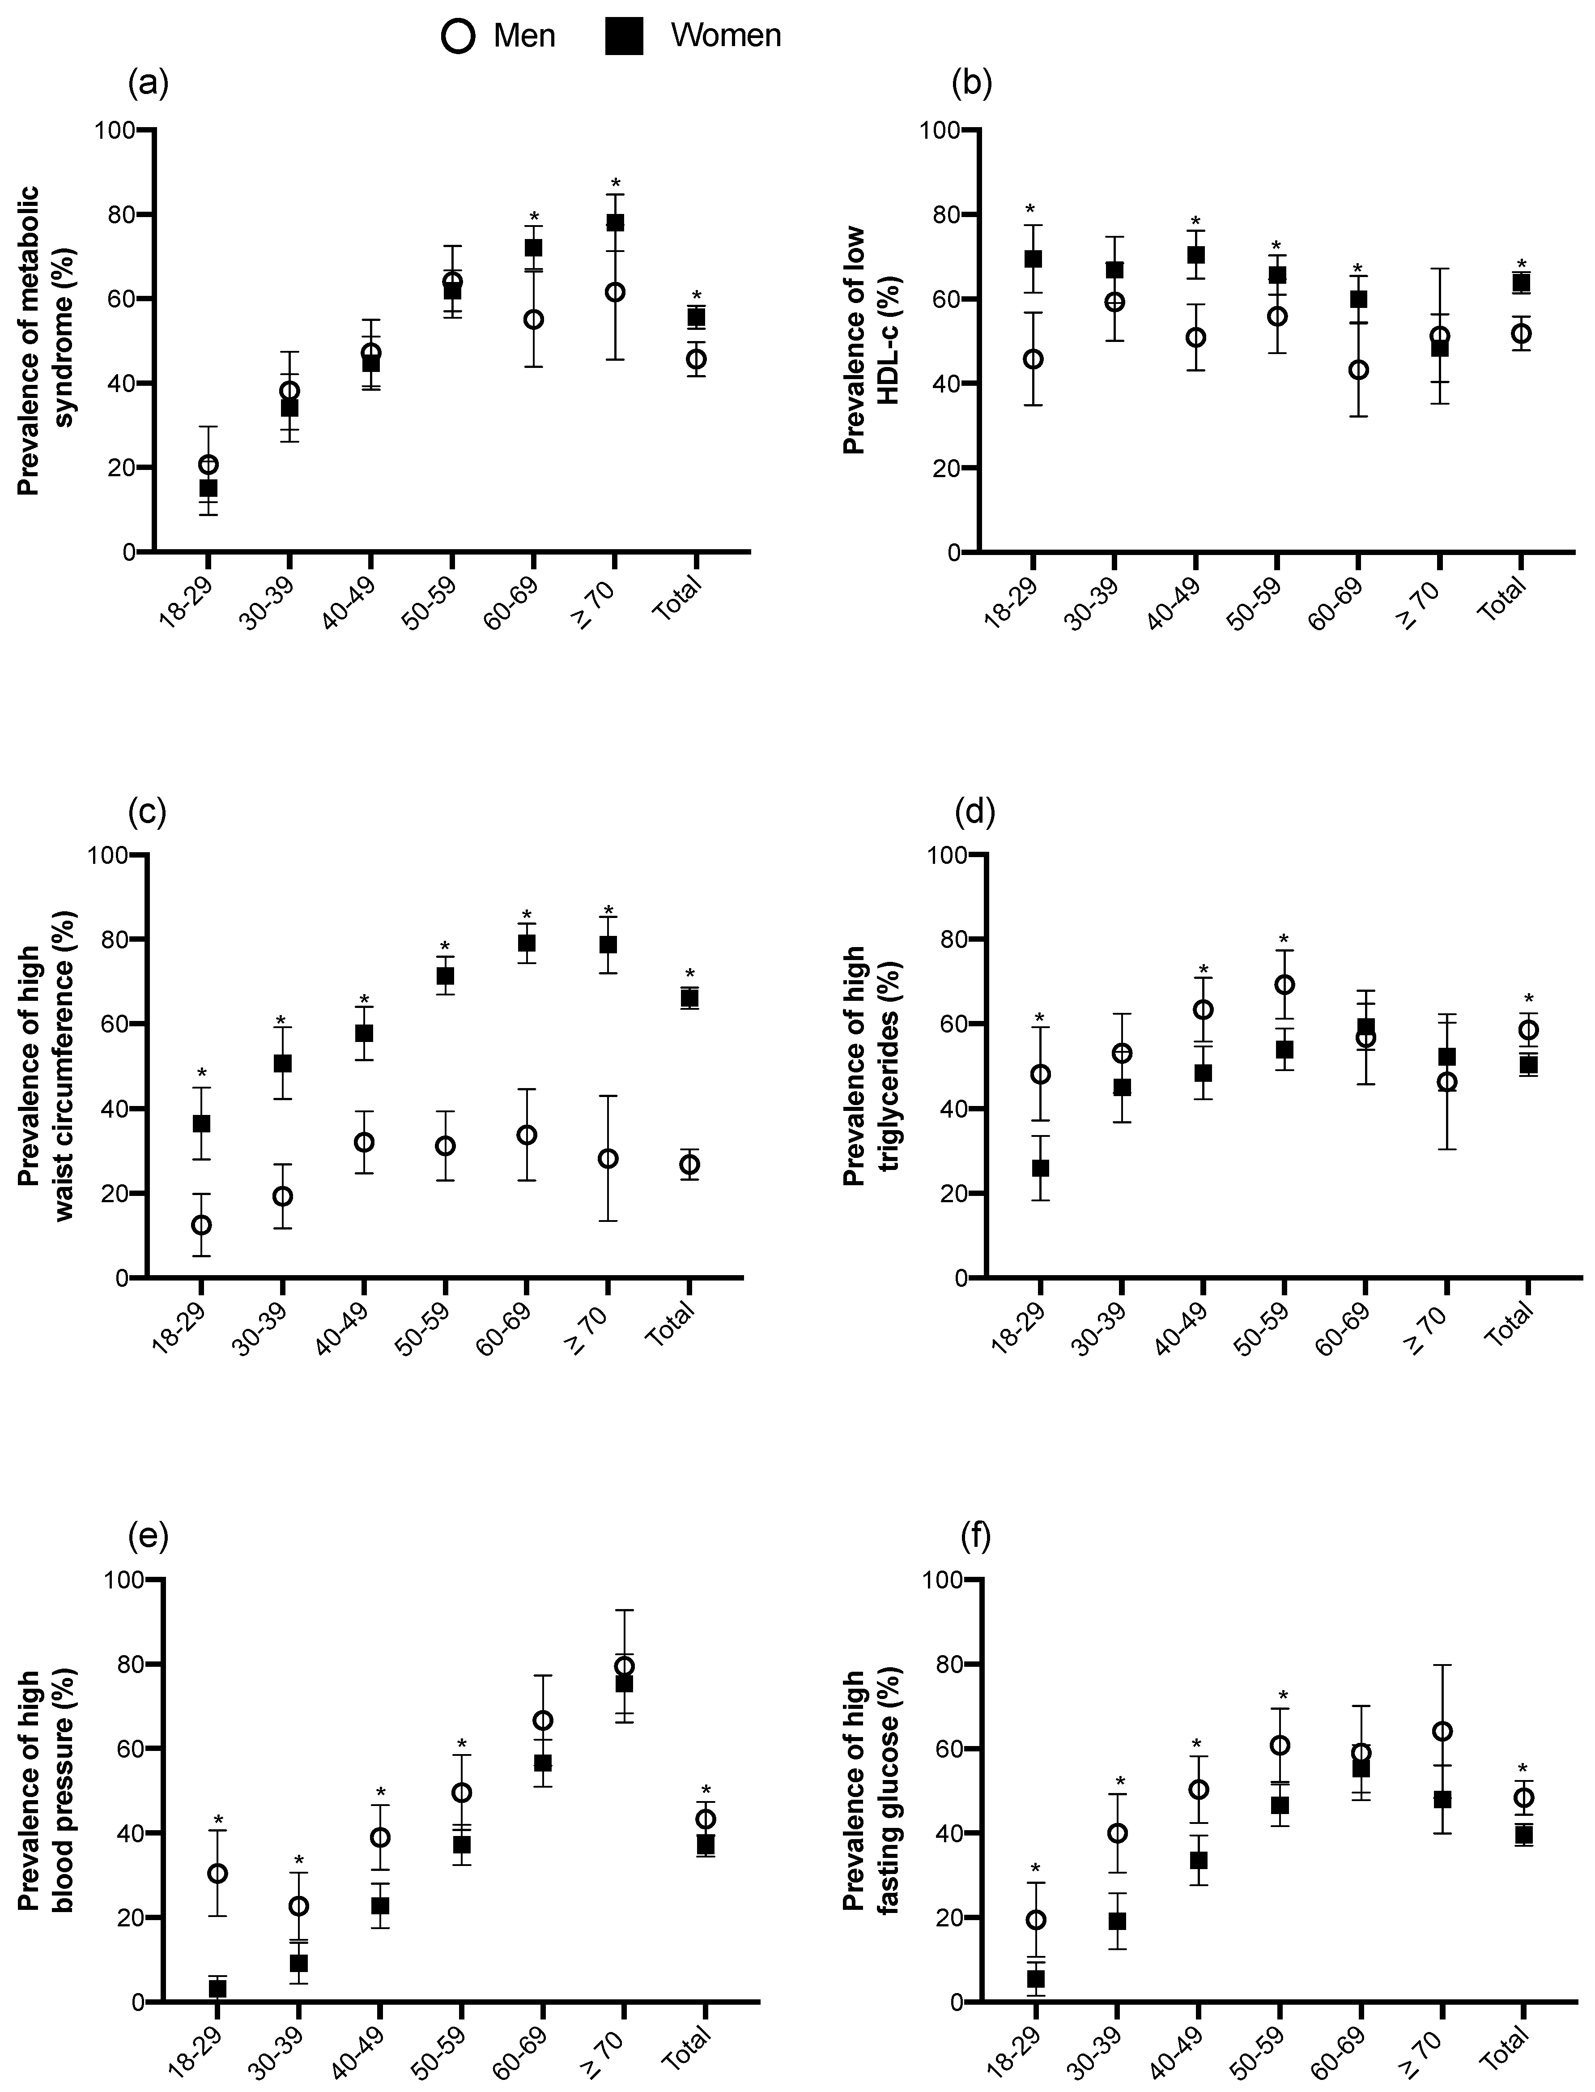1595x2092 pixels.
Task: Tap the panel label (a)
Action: click(148, 85)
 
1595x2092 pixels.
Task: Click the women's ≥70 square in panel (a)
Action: click(615, 222)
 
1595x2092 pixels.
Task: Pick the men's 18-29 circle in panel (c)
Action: click(201, 1225)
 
